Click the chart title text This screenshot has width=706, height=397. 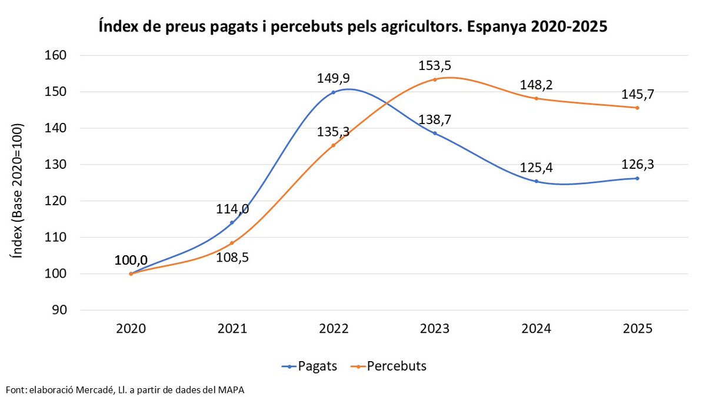(x=352, y=27)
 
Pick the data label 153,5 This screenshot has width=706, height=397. (x=435, y=65)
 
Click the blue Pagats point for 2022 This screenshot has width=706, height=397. (x=334, y=92)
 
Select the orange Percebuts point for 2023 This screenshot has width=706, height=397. (x=435, y=79)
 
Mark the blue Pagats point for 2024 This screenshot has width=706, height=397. (x=537, y=181)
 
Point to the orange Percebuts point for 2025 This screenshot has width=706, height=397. (x=638, y=108)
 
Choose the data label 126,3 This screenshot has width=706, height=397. (x=638, y=164)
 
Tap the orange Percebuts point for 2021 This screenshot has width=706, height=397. (x=232, y=243)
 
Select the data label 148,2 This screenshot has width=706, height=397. (x=537, y=85)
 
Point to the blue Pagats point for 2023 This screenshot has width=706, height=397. (x=435, y=133)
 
